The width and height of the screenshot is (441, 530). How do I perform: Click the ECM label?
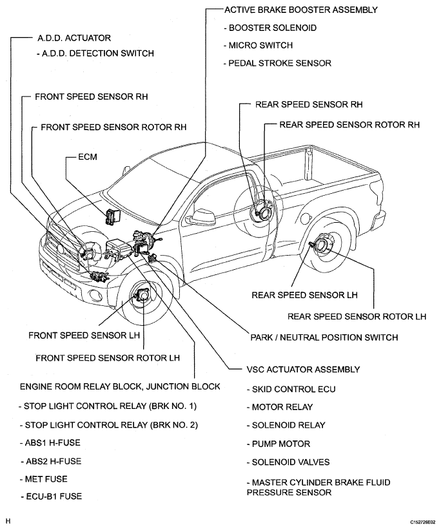click(x=88, y=156)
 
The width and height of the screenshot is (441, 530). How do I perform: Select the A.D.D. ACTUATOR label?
click(x=75, y=38)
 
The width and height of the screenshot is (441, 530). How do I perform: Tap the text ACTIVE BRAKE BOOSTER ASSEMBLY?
click(x=300, y=10)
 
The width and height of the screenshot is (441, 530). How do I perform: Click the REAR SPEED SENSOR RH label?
click(x=309, y=104)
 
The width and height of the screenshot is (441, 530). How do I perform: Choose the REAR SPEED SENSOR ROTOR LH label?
click(x=357, y=316)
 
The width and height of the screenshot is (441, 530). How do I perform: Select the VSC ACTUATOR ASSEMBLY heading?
click(x=303, y=370)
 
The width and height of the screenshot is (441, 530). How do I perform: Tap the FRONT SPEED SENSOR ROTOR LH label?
click(x=107, y=357)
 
